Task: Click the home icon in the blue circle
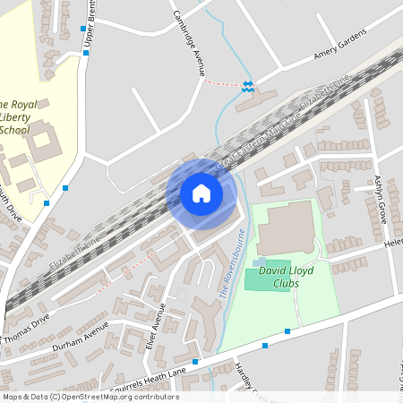pos(201,193)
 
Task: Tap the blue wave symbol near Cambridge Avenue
pos(248,86)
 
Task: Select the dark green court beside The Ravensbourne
pos(266,279)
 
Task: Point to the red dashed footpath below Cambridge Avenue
pos(223,83)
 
